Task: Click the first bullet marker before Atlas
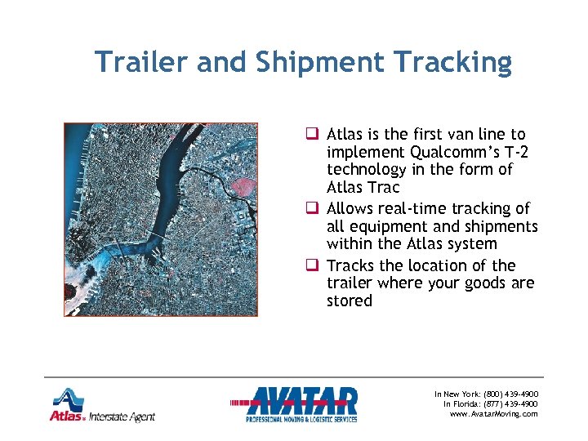pyautogui.click(x=312, y=134)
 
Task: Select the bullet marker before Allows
pyautogui.click(x=312, y=209)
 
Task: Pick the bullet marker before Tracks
pyautogui.click(x=312, y=265)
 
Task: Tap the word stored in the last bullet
pyautogui.click(x=349, y=301)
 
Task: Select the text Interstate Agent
pyautogui.click(x=122, y=416)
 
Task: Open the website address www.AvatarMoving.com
pyautogui.click(x=494, y=414)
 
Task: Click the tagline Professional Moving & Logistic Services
pyautogui.click(x=301, y=419)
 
